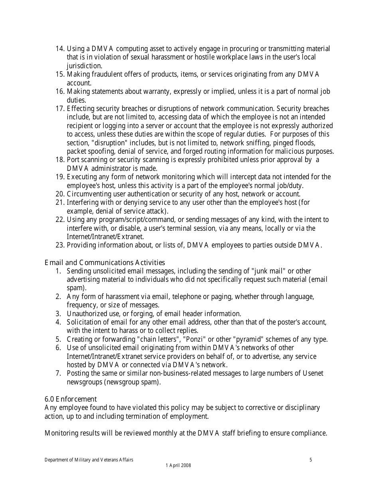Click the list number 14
click(x=59, y=49)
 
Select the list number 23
click(x=59, y=245)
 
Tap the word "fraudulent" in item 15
click(x=108, y=74)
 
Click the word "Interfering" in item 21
click(x=84, y=202)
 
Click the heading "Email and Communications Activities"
click(x=105, y=262)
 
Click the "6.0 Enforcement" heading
click(x=71, y=399)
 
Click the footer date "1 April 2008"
click(x=178, y=465)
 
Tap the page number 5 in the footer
click(x=311, y=460)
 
